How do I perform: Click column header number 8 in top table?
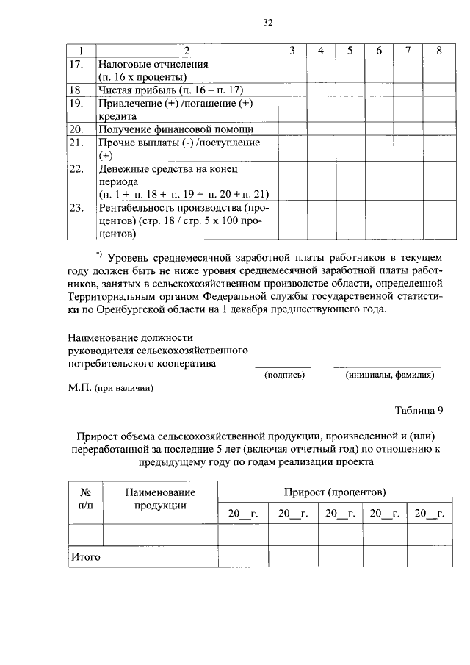pos(438,50)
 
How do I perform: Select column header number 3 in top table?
pos(292,50)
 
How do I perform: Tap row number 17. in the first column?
pos(76,64)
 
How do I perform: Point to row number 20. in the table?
pos(76,129)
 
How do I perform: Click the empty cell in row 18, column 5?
pos(350,90)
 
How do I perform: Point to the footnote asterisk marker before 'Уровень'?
pos(100,254)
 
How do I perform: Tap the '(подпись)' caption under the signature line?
pos(284,375)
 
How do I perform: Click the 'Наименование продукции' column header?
pos(160,497)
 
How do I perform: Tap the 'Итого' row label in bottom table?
pos(85,556)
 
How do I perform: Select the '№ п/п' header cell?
pos(84,497)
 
